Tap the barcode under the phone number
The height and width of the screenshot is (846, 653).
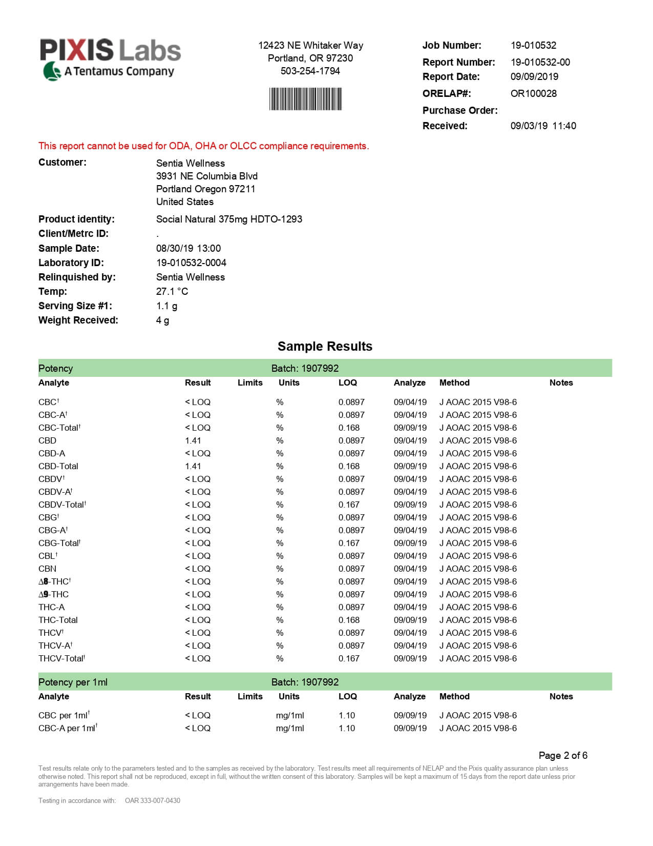click(x=305, y=99)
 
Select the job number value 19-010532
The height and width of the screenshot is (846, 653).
click(x=533, y=45)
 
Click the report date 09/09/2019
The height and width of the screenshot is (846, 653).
click(x=534, y=76)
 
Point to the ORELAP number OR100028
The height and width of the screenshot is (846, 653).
click(x=533, y=93)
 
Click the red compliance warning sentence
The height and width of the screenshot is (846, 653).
click(x=203, y=146)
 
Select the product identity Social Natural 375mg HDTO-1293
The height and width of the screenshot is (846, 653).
click(x=229, y=219)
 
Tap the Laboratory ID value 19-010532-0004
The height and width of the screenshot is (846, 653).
click(x=191, y=263)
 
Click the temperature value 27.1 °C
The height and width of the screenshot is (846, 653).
click(x=172, y=291)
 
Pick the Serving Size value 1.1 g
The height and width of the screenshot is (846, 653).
click(x=166, y=306)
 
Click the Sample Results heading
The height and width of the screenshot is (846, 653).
click(x=325, y=346)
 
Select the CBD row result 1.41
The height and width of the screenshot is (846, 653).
click(x=193, y=440)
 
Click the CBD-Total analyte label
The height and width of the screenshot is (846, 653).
click(x=58, y=466)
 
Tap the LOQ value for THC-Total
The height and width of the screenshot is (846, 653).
click(x=349, y=620)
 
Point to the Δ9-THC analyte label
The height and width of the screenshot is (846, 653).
click(x=53, y=594)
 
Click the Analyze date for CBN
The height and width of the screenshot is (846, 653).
click(x=410, y=569)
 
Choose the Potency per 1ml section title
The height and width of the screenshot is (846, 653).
click(x=73, y=682)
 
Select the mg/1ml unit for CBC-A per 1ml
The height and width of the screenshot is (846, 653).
click(x=290, y=728)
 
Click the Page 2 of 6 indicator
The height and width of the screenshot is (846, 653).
click(x=562, y=755)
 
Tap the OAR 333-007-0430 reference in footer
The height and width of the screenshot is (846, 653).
click(x=152, y=800)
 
